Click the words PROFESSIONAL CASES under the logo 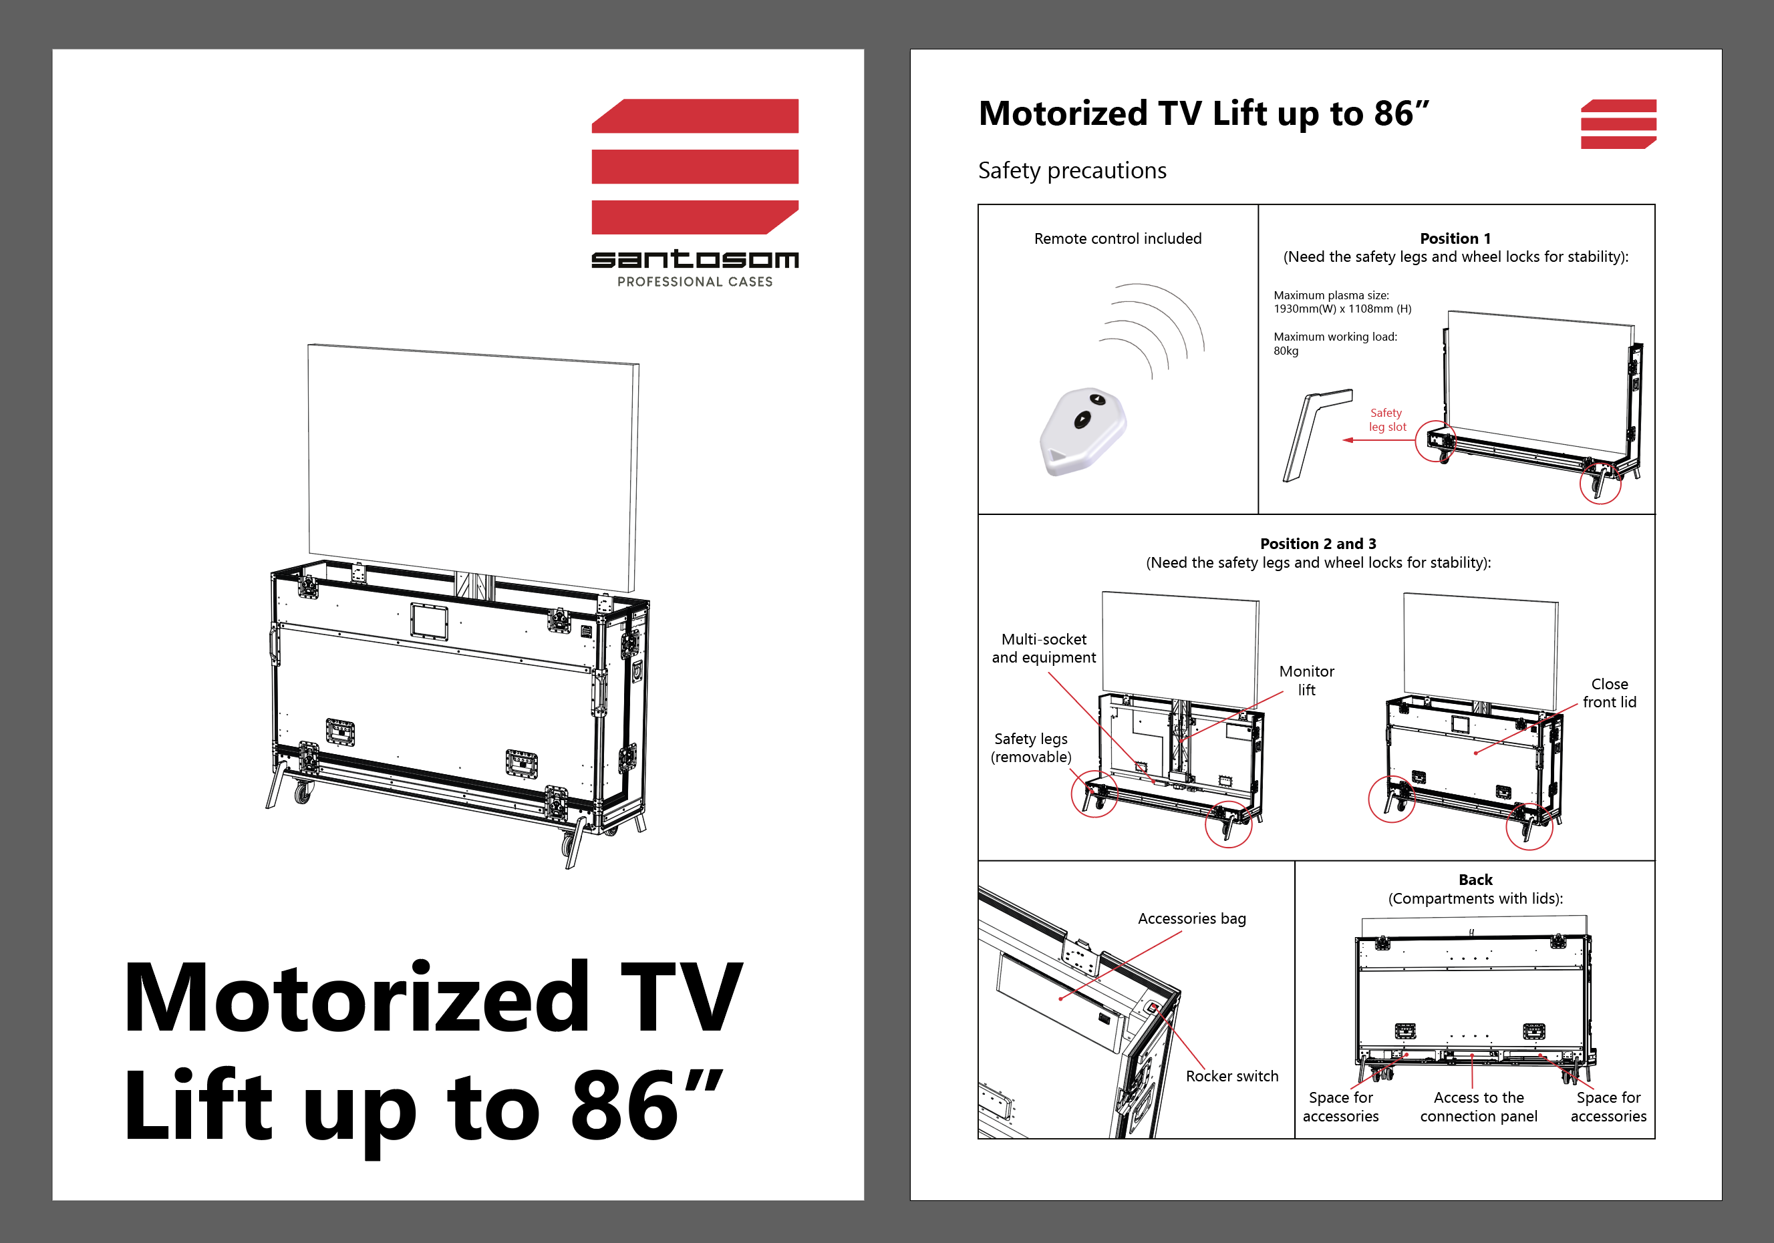tap(695, 282)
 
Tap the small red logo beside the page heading tap(1618, 124)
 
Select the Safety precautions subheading tap(1072, 171)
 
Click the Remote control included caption tap(1117, 238)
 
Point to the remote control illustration tap(1082, 431)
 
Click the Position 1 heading tap(1455, 238)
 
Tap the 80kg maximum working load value tap(1286, 351)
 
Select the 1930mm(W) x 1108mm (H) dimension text tap(1342, 309)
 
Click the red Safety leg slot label tap(1387, 419)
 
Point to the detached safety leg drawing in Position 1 tap(1316, 435)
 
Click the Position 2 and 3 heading tap(1318, 544)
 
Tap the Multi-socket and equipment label tap(1044, 648)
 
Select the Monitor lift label tap(1306, 681)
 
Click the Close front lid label tap(1610, 693)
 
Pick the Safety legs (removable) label tap(1031, 748)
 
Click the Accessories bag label tap(1191, 918)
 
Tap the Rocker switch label tap(1231, 1076)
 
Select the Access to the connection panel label tap(1478, 1107)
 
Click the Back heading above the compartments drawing tap(1475, 880)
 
